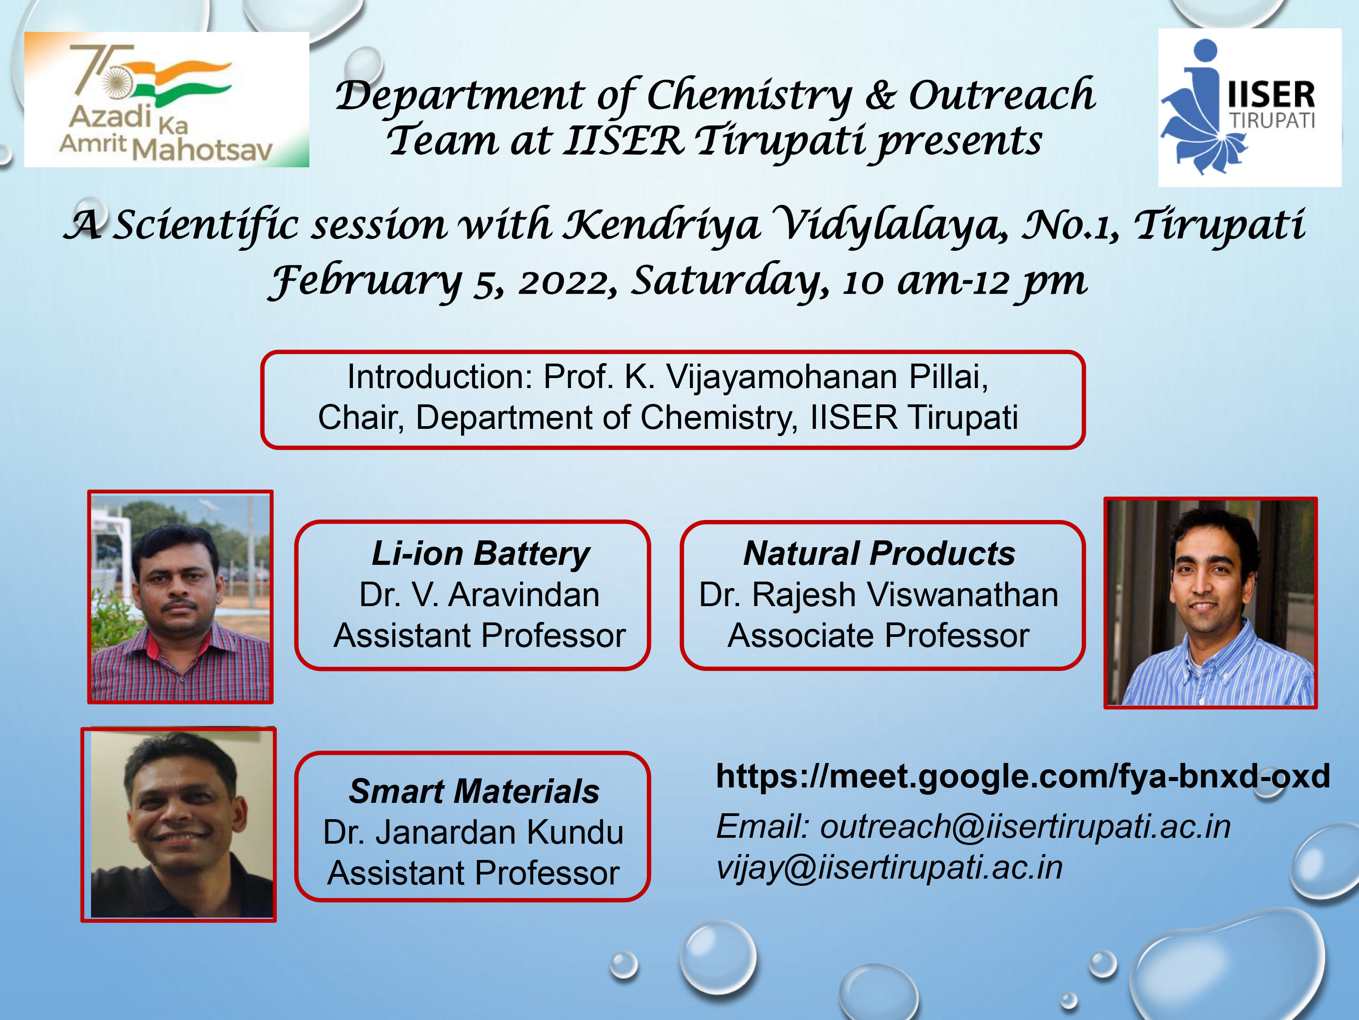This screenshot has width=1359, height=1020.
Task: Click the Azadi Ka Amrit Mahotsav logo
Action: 167,100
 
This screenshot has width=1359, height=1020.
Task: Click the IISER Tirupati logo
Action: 1250,107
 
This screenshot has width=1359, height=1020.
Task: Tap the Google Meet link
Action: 1023,776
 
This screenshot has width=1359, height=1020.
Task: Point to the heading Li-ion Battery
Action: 481,554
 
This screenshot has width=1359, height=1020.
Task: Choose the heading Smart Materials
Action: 474,791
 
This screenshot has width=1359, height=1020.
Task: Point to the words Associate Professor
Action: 878,635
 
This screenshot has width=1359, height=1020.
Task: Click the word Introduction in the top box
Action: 440,376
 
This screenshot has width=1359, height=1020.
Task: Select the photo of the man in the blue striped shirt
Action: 1210,602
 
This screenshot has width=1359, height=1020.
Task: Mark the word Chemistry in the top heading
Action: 750,97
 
